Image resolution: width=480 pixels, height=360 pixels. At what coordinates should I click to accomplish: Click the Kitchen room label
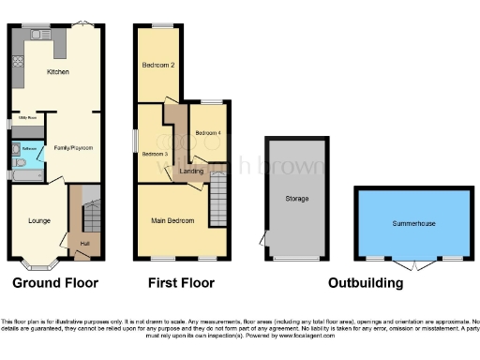pyautogui.click(x=58, y=71)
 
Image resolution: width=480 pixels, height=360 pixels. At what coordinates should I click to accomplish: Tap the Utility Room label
pyautogui.click(x=25, y=118)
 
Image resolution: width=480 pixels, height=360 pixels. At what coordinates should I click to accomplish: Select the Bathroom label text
pyautogui.click(x=28, y=149)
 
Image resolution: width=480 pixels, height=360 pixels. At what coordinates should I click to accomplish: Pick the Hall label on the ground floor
pyautogui.click(x=84, y=245)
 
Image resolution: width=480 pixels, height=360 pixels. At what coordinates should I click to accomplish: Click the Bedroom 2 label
pyautogui.click(x=159, y=66)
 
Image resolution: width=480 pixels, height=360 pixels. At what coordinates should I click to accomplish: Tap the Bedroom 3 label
pyautogui.click(x=155, y=153)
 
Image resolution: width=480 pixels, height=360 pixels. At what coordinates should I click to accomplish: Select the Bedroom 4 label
pyautogui.click(x=208, y=133)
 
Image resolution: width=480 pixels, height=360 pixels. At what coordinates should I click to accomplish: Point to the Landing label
pyautogui.click(x=192, y=171)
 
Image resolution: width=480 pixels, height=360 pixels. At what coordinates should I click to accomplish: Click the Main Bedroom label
pyautogui.click(x=172, y=221)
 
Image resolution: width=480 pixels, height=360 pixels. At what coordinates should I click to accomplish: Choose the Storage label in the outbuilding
pyautogui.click(x=297, y=199)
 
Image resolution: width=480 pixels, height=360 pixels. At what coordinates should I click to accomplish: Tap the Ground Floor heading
pyautogui.click(x=55, y=282)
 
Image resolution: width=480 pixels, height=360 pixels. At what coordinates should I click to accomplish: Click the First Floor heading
pyautogui.click(x=181, y=282)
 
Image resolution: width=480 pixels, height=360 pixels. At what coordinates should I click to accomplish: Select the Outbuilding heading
pyautogui.click(x=366, y=282)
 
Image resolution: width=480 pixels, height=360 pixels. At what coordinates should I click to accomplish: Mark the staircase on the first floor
pyautogui.click(x=217, y=198)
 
